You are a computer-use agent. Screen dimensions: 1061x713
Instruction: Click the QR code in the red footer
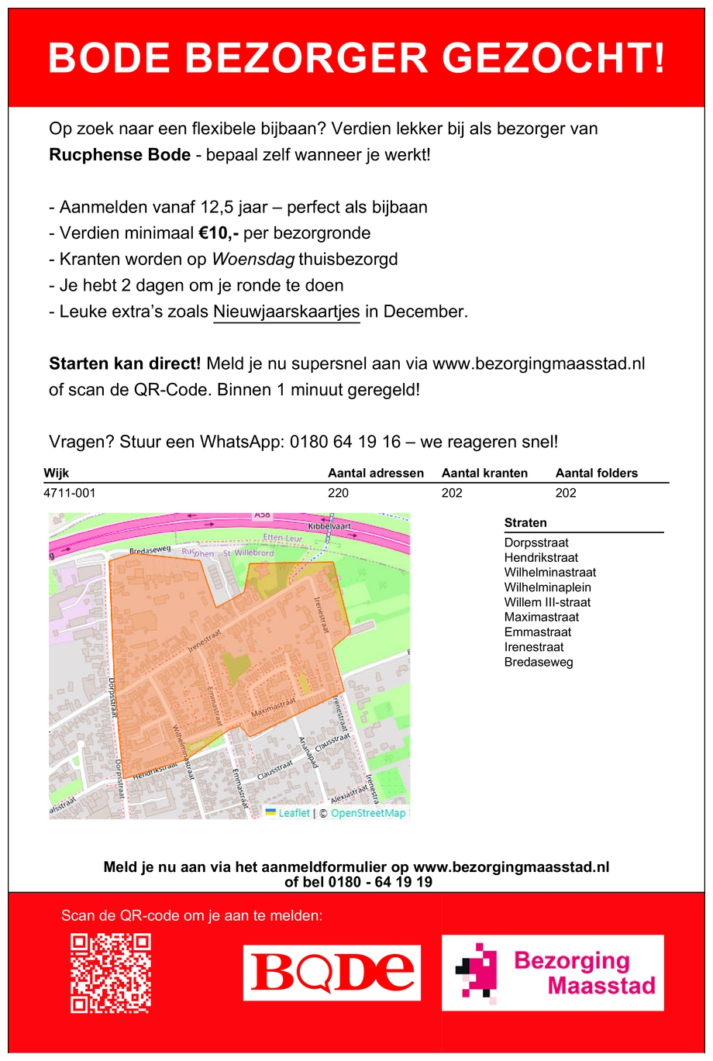point(111,973)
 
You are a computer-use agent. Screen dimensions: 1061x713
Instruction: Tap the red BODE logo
point(332,973)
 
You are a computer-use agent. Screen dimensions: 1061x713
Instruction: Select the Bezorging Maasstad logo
point(553,973)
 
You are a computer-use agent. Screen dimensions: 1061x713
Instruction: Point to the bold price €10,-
point(219,233)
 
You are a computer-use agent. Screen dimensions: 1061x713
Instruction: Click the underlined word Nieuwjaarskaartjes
point(287,312)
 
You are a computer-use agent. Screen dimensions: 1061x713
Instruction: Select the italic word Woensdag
point(253,260)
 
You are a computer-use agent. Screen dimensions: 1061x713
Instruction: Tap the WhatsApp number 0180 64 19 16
point(346,442)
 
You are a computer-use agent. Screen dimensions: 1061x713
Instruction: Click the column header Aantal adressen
point(376,474)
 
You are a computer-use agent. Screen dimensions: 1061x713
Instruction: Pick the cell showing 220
point(339,493)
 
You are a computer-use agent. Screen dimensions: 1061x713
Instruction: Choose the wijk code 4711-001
point(70,493)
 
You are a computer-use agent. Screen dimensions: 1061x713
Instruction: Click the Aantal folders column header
point(597,474)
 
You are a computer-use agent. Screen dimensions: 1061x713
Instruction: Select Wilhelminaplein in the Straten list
point(547,587)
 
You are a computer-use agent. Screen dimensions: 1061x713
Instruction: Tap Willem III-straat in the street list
point(547,602)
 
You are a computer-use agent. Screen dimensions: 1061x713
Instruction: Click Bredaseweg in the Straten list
point(539,662)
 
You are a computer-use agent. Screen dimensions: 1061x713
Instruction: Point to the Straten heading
point(525,523)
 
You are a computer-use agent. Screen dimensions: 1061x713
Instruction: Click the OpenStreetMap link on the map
point(368,813)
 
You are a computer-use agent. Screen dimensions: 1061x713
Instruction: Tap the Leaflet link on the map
point(294,813)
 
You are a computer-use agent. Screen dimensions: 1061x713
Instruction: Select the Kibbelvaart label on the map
point(329,526)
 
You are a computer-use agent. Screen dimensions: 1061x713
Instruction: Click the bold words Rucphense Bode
point(120,155)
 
